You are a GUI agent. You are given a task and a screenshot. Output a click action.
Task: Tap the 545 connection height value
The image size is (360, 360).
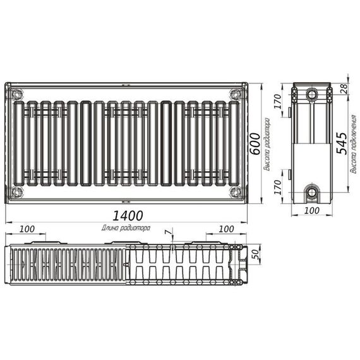[x=340, y=145]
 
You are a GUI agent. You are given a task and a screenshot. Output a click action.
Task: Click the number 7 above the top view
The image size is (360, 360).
[x=167, y=232]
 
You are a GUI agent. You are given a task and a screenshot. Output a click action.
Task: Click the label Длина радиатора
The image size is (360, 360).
[x=125, y=227]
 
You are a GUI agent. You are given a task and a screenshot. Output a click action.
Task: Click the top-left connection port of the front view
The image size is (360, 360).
[x=16, y=95]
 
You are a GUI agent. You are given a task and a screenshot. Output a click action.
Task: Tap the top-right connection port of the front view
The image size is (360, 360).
[x=236, y=95]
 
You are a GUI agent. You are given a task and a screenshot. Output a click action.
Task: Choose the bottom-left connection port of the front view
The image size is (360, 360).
[x=16, y=192]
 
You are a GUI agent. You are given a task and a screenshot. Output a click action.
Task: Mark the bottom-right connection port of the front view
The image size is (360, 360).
[x=236, y=192]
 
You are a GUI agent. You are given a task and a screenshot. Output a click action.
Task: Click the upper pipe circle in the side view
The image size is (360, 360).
[x=312, y=95]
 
